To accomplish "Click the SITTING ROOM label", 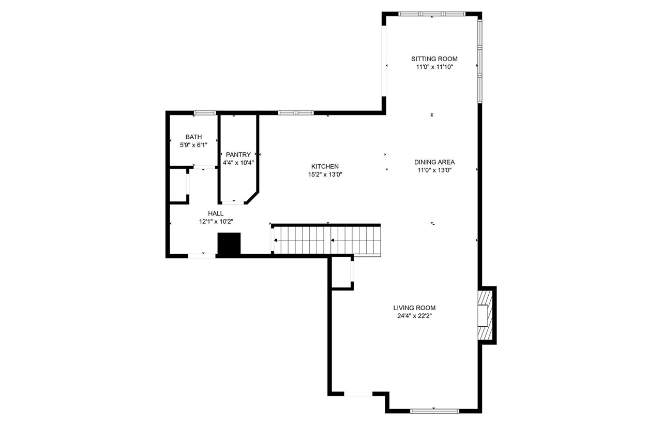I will tap(434, 59).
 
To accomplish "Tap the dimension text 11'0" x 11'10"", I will tap(434, 67).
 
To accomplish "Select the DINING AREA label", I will tap(434, 162).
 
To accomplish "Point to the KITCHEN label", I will tap(325, 166).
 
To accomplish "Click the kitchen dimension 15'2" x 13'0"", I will tap(325, 175).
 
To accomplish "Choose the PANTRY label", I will tap(238, 154).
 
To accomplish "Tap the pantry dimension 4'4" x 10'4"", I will tap(238, 162).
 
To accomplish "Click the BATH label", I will tap(193, 137).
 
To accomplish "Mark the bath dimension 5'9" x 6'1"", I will tap(193, 145).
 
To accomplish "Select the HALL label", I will tap(216, 213).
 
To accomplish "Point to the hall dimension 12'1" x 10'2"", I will tap(216, 221).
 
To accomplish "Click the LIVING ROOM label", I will tap(414, 308).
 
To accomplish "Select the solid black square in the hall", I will tap(229, 243).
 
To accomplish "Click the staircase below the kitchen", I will tap(326, 240).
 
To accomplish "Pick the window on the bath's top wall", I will tap(205, 112).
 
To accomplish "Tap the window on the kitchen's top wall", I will tap(295, 112).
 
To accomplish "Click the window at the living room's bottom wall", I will tap(434, 411).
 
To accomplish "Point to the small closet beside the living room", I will tap(341, 272).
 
